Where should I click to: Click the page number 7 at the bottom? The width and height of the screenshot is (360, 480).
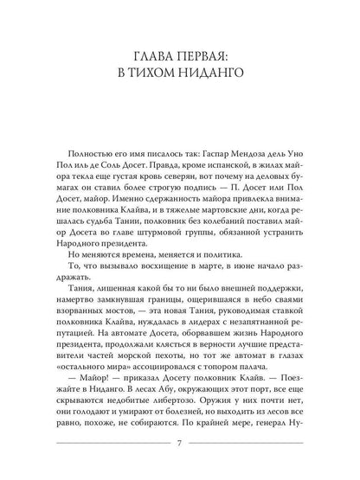click(x=179, y=445)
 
